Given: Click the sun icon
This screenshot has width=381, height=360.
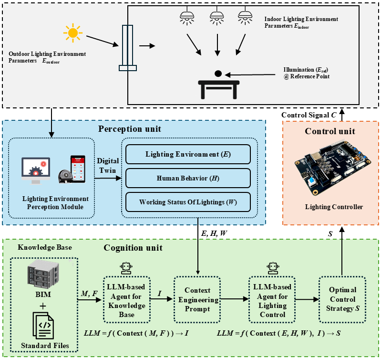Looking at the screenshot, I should (x=72, y=33).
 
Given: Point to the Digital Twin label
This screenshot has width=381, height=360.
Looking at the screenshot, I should (x=108, y=166).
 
